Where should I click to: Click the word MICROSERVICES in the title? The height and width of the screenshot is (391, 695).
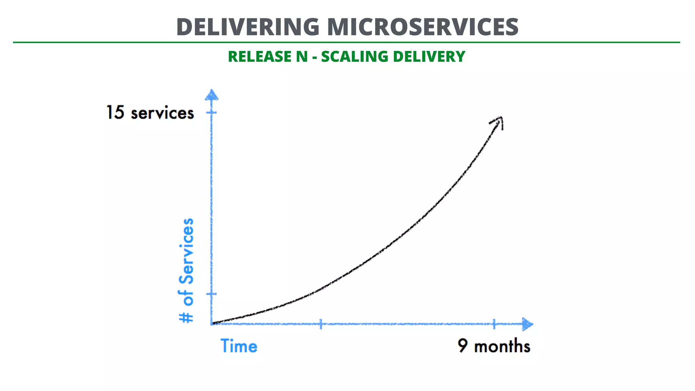[x=423, y=27]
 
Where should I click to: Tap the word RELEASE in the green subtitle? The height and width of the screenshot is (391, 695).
[x=259, y=57]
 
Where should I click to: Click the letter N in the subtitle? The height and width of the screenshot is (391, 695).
[x=302, y=57]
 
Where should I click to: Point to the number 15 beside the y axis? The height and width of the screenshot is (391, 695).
[x=115, y=112]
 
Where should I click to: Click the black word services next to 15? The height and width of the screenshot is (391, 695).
[x=163, y=113]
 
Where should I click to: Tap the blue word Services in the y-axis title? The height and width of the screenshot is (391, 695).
[x=187, y=251]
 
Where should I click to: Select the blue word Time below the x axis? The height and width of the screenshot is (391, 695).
[x=239, y=346]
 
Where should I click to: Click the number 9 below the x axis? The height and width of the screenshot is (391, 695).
[x=462, y=346]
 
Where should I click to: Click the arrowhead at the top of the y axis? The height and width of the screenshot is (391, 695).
[x=212, y=95]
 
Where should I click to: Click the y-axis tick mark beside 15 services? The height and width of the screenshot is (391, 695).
[x=211, y=112]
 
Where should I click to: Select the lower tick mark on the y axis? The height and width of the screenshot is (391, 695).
[x=211, y=294]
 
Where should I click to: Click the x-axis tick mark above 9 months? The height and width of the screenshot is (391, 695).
[x=494, y=324]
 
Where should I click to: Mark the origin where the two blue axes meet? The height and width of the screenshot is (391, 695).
[x=212, y=324]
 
